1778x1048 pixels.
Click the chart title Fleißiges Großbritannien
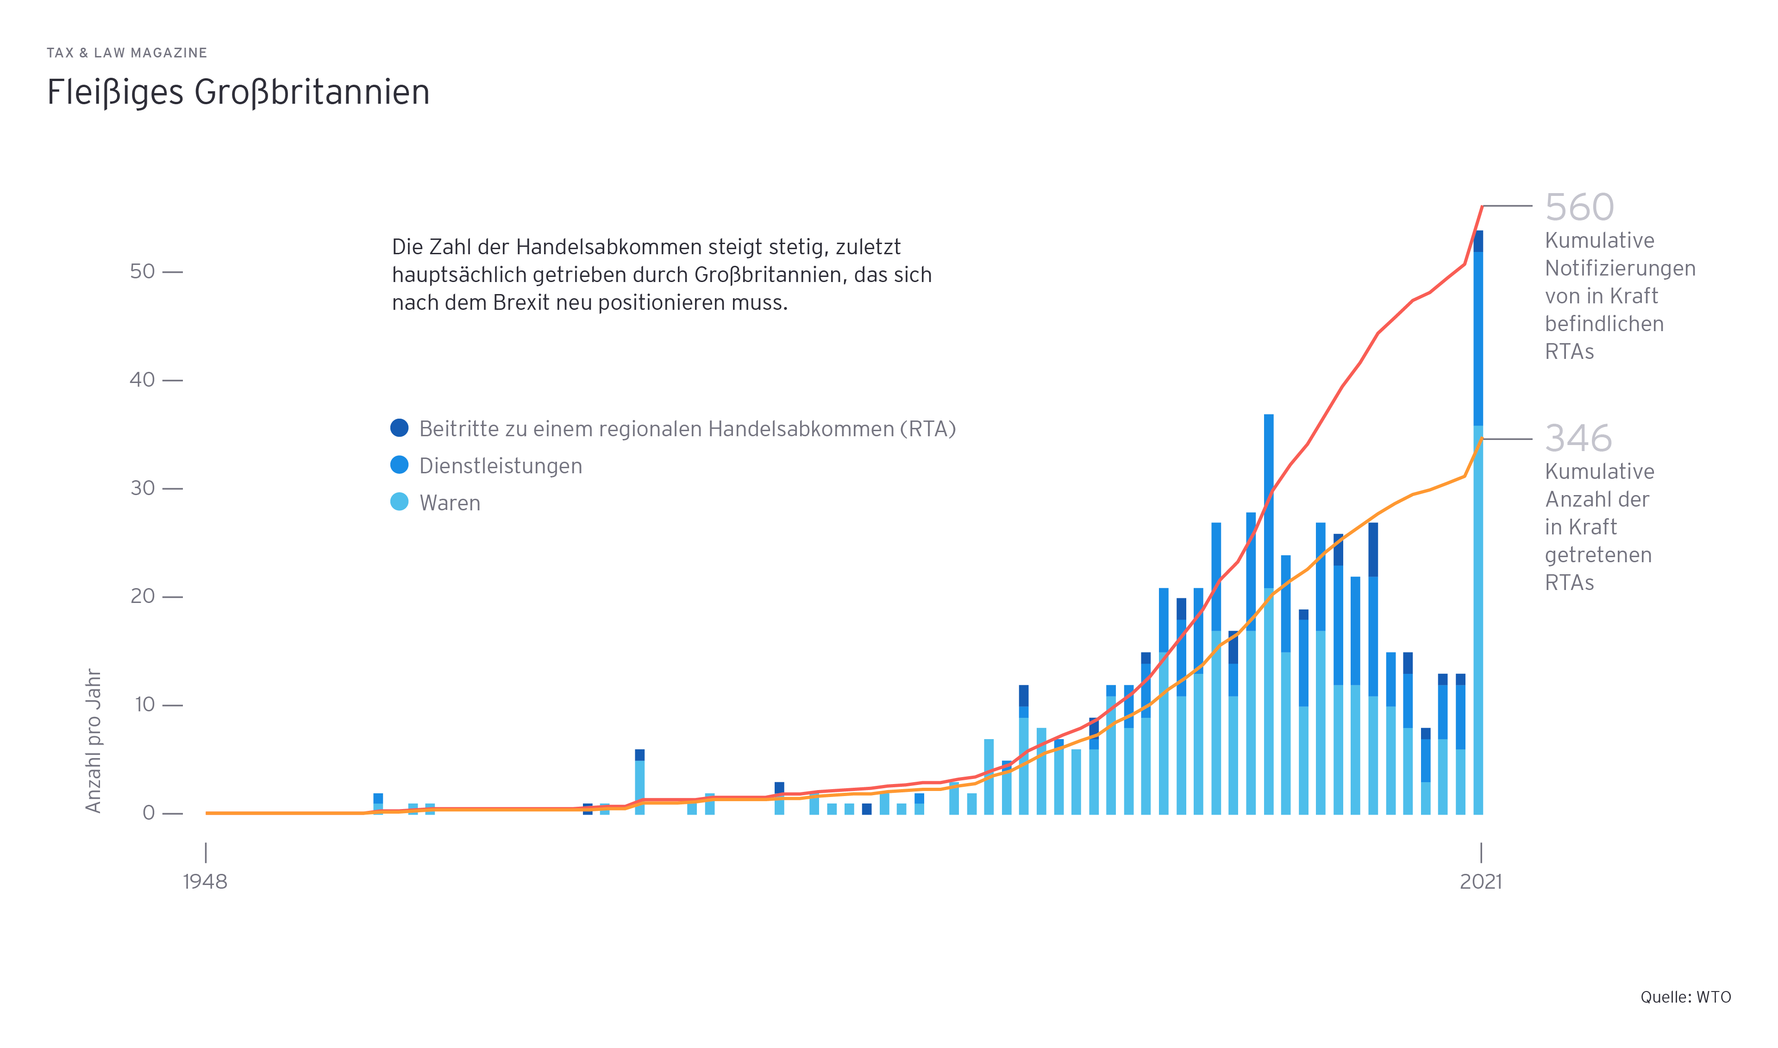pyautogui.click(x=238, y=93)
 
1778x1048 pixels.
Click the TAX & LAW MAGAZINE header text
pyautogui.click(x=127, y=53)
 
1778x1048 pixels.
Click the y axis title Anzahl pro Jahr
pyautogui.click(x=93, y=741)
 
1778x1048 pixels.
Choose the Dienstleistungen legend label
pyautogui.click(x=500, y=466)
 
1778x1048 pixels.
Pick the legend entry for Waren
pyautogui.click(x=449, y=503)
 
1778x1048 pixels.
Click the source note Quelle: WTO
pyautogui.click(x=1685, y=997)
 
